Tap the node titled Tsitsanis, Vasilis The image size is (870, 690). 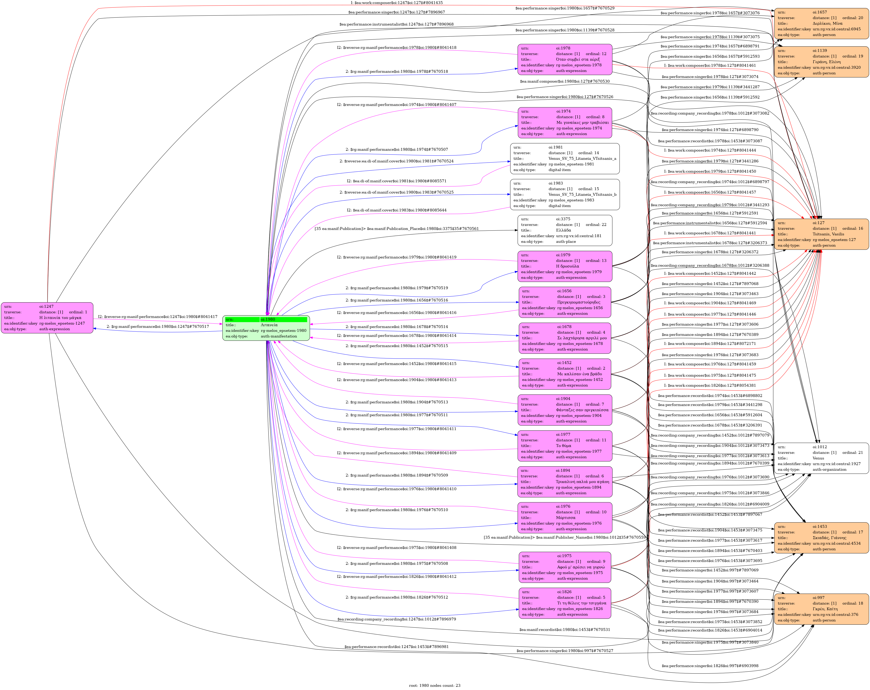click(821, 234)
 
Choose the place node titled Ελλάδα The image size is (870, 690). click(565, 230)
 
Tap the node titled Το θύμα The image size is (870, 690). click(565, 446)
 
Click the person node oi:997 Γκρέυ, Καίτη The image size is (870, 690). click(821, 609)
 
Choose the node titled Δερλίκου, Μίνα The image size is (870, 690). click(821, 24)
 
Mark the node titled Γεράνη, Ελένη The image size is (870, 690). click(821, 62)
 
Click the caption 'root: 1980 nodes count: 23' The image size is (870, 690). click(435, 685)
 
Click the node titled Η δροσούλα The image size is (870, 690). click(565, 266)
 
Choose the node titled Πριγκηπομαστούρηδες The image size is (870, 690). click(565, 302)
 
